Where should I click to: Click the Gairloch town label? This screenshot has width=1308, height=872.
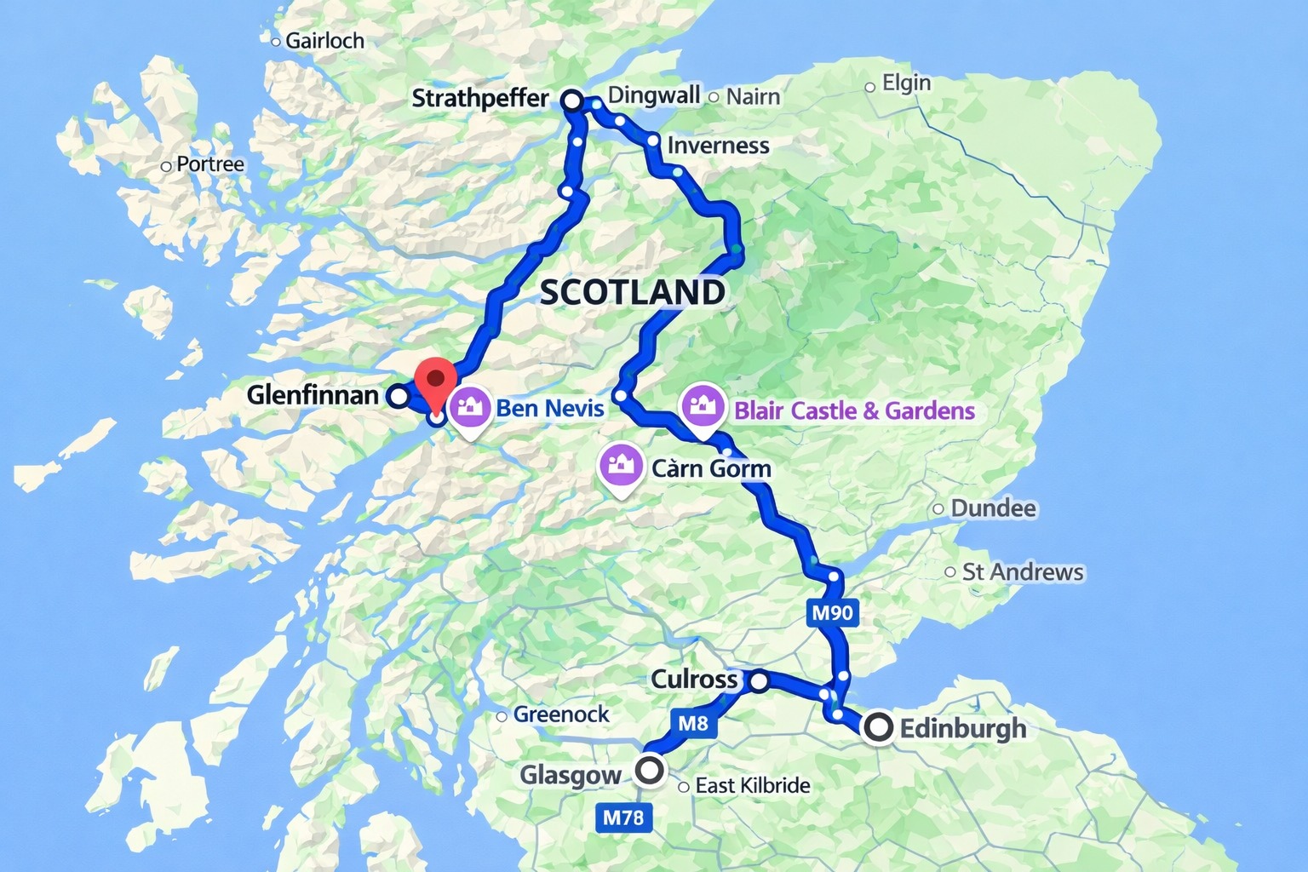(x=324, y=41)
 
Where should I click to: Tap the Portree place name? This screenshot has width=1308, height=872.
(x=209, y=164)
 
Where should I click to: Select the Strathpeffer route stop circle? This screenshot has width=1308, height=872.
(x=572, y=100)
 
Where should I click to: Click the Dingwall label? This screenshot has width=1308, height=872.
(x=654, y=95)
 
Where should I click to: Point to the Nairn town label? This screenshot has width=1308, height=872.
(x=753, y=96)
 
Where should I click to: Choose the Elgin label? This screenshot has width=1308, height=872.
(x=906, y=83)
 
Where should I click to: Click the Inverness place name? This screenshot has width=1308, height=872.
(x=718, y=146)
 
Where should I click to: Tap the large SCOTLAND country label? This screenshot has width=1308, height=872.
(x=633, y=292)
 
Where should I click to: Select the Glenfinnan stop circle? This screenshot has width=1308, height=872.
(x=398, y=396)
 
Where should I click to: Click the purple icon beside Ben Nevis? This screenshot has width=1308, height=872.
(x=469, y=408)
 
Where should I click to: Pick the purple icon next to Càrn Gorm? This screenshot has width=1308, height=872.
(x=621, y=466)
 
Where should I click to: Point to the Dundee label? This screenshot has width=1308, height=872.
(x=993, y=508)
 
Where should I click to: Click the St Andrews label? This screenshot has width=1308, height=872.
(x=1022, y=572)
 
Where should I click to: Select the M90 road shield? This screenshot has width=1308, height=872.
(x=832, y=612)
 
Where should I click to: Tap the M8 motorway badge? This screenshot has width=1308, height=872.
(x=693, y=723)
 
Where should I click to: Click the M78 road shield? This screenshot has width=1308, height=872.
(x=623, y=817)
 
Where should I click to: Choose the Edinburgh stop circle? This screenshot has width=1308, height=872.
(x=878, y=728)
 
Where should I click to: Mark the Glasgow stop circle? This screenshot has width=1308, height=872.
(x=651, y=771)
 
